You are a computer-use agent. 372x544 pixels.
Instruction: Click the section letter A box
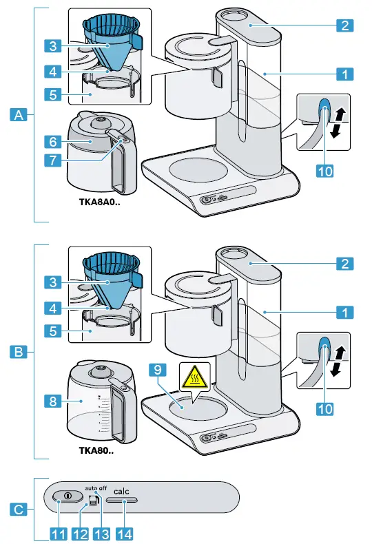pos(20,116)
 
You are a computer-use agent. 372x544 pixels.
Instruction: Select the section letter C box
pos(20,510)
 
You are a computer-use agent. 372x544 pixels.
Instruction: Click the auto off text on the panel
pos(96,487)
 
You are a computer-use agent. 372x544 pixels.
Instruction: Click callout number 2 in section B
pos(345,263)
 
